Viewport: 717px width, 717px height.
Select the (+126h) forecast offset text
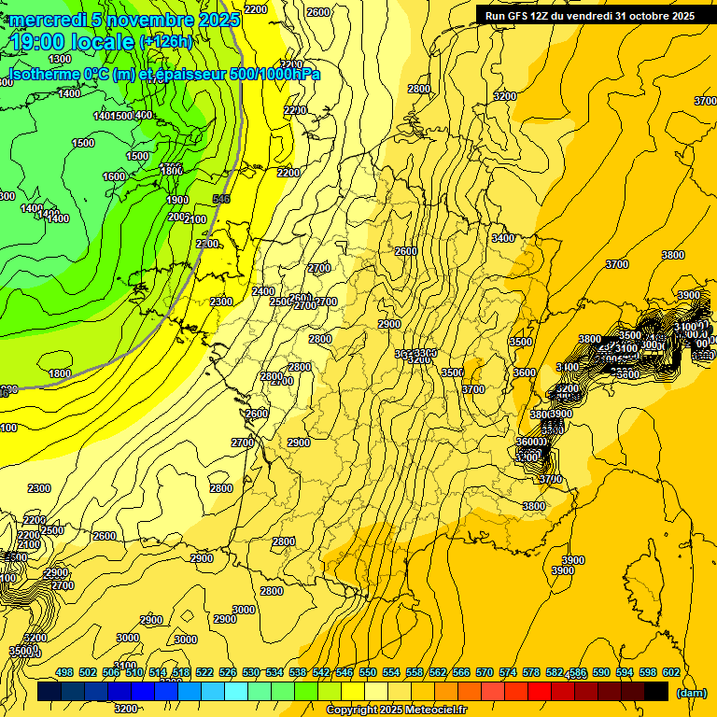coord(165,42)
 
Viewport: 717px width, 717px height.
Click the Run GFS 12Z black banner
coord(589,15)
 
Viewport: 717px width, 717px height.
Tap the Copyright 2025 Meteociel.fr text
coord(396,710)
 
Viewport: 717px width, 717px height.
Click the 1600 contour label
coord(114,176)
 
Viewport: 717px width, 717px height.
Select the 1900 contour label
coord(177,200)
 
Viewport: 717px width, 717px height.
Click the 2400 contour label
coord(263,291)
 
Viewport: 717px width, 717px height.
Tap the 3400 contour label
coord(502,238)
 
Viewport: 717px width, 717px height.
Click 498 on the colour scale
coord(64,672)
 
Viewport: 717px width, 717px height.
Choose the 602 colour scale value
coord(671,672)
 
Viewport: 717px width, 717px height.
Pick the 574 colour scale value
coord(508,672)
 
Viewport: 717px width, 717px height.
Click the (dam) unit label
coord(692,693)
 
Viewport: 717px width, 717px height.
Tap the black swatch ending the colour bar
coord(656,691)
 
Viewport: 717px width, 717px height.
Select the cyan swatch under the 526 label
coord(237,691)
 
